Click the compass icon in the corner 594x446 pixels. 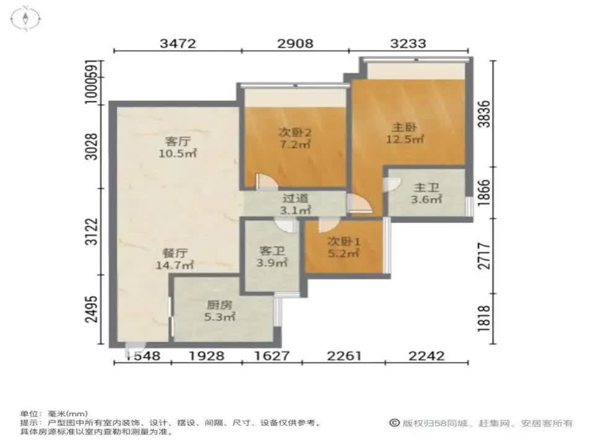[25, 18]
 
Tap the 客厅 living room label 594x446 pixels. [177, 140]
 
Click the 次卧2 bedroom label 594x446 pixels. [294, 132]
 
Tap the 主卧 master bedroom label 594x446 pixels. [405, 127]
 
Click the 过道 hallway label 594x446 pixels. [295, 199]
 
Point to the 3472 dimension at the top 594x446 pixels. [178, 43]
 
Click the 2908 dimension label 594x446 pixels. [295, 43]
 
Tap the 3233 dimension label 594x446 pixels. [408, 43]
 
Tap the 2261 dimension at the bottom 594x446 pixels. [343, 356]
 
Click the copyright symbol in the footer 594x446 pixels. [394, 423]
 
